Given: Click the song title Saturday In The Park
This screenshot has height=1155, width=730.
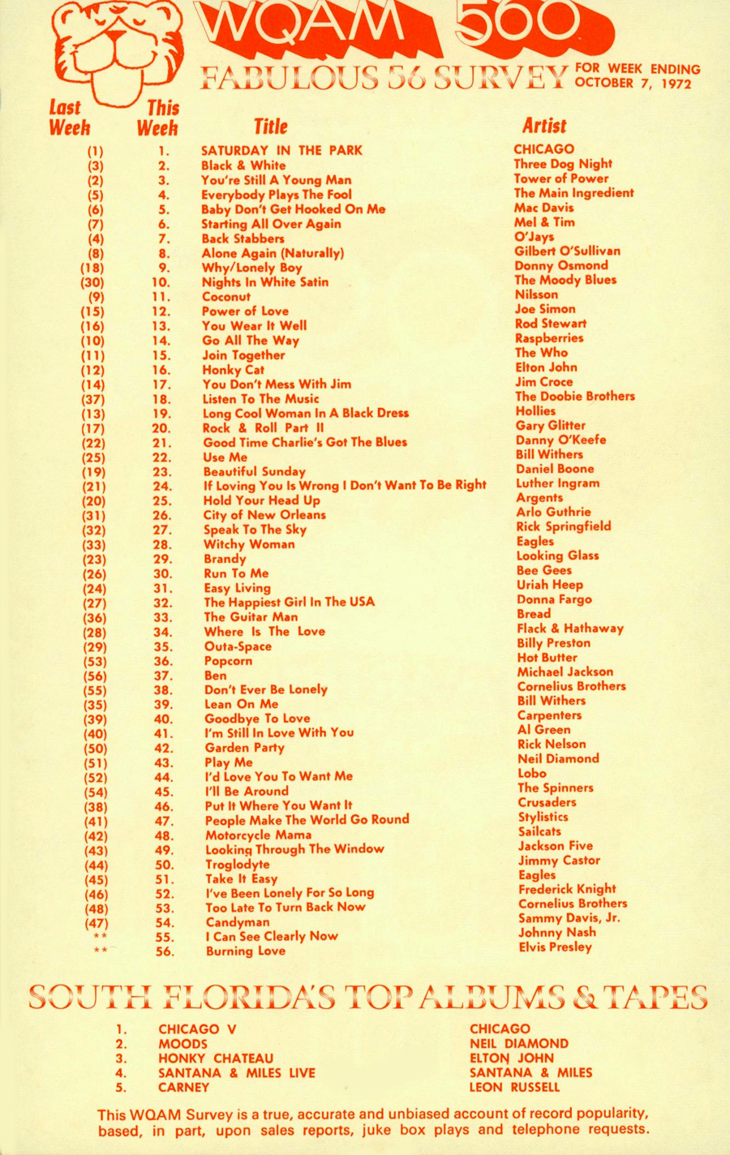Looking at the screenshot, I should pos(281,150).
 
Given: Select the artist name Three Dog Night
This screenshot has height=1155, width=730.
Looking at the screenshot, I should pos(563,164).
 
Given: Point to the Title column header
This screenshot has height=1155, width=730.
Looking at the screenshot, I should pos(271,127).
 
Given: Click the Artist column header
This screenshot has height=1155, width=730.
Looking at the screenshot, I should pos(544,126).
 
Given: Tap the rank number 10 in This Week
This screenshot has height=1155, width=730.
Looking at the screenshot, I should pos(161,282).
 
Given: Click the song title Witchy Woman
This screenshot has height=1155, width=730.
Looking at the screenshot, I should pos(249,544).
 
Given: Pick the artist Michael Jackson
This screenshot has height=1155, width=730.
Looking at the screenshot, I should pos(565,672).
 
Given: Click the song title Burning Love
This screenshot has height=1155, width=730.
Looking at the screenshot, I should pos(245,951).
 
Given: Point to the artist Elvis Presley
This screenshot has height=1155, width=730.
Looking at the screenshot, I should pos(556,947).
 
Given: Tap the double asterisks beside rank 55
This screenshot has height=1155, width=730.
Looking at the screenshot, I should pos(100,937).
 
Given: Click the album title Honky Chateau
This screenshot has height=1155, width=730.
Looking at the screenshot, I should pos(216,1058).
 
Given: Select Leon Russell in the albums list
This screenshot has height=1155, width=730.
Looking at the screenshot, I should pos(514,1087).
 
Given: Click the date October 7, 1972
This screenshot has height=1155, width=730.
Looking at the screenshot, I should pos(633,83).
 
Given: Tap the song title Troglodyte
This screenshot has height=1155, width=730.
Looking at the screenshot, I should pos(237,864).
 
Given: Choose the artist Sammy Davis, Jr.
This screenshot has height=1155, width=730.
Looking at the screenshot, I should pos(569,917).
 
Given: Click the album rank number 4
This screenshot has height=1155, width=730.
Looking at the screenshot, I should pos(121,1073).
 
